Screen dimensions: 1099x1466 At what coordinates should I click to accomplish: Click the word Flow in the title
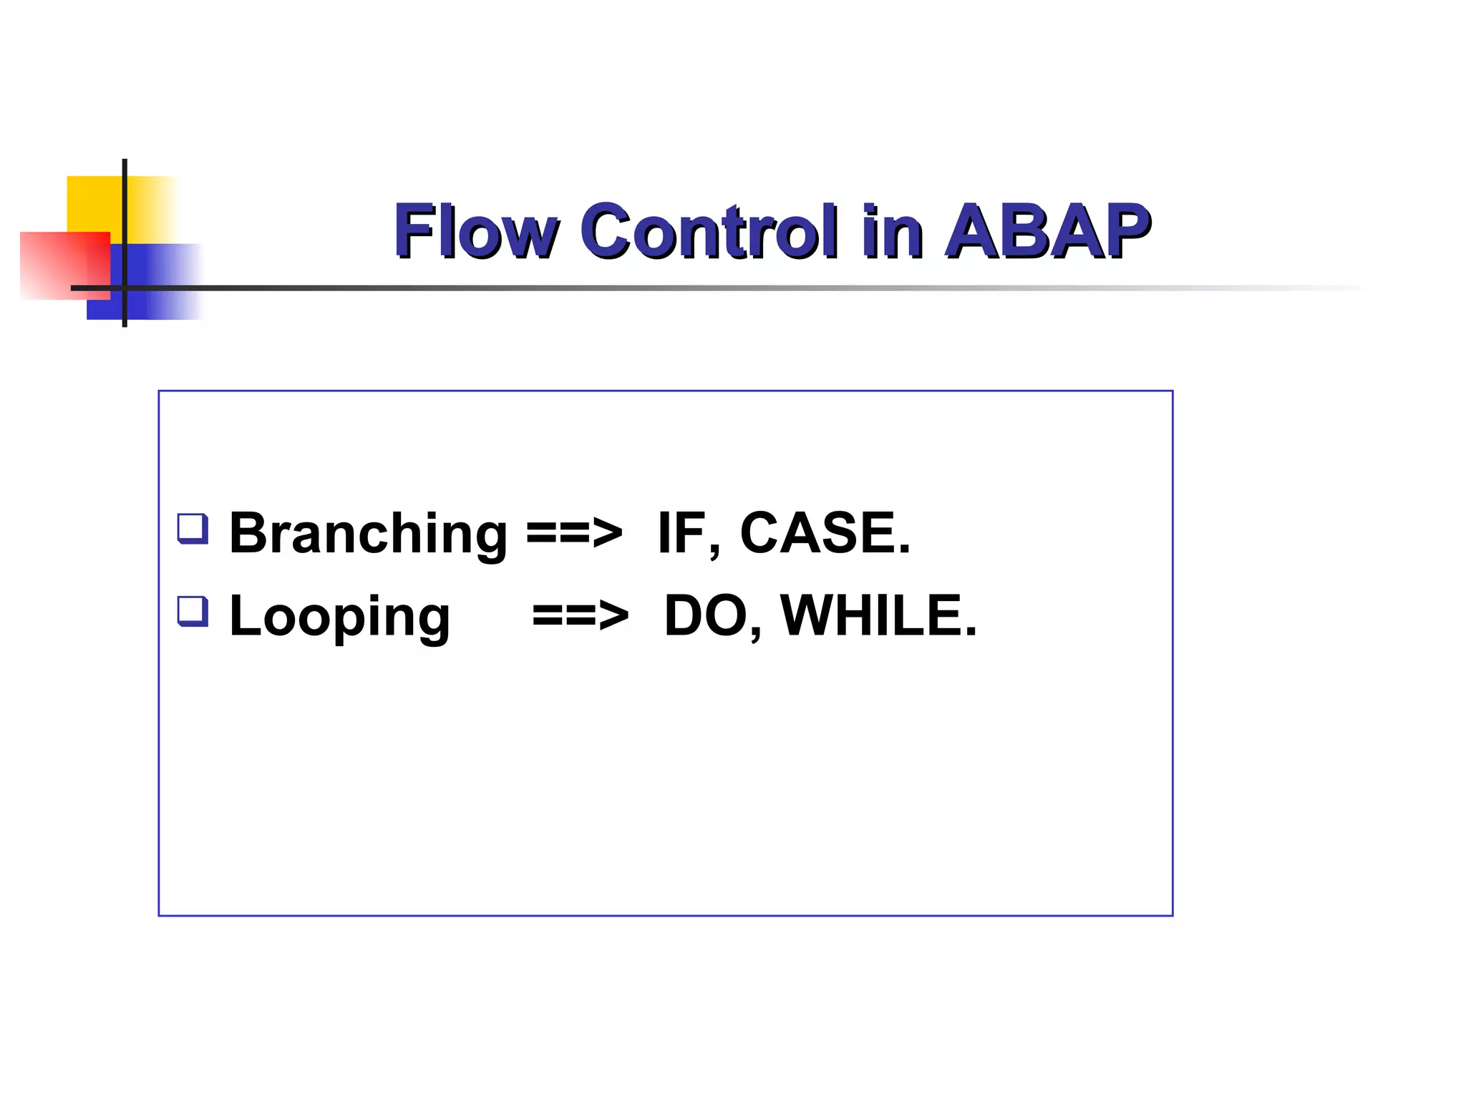pos(475,231)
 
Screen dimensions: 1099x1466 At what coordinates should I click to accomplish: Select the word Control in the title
pos(709,231)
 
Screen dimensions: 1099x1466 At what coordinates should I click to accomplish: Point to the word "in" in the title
pos(892,231)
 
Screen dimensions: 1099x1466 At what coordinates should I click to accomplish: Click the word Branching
pos(368,534)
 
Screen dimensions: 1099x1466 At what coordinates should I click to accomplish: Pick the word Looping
pos(339,617)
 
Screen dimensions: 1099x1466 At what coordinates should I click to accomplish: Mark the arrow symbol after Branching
pos(574,534)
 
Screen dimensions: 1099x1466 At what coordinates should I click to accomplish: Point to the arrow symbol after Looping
pos(580,616)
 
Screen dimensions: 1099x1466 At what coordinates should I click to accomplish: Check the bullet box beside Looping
pos(193,612)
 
